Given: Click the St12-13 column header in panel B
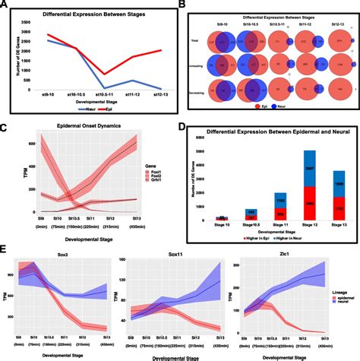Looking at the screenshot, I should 335,22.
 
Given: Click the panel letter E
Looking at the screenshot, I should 5,250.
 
